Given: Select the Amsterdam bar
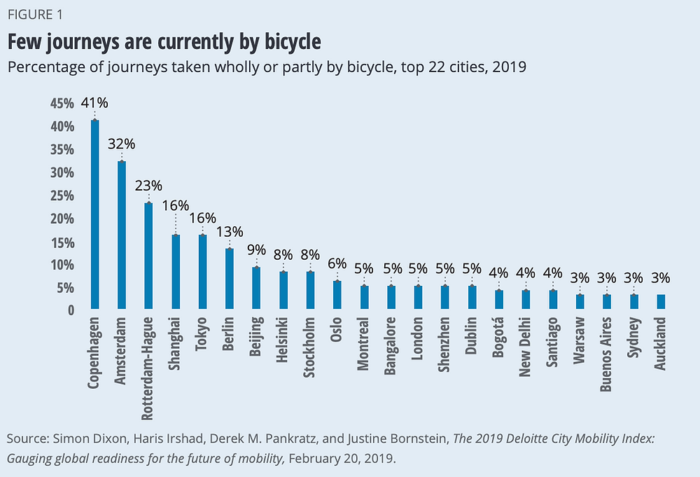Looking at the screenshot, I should (121, 235).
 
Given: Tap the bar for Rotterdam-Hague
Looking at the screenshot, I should (148, 256).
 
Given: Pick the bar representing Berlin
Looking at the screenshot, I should (229, 279).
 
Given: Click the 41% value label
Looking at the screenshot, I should (94, 103).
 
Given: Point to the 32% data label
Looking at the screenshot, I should (121, 144).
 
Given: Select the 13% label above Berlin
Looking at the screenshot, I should (229, 231).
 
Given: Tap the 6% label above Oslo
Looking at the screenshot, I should (337, 263).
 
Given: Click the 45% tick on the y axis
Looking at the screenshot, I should (62, 104).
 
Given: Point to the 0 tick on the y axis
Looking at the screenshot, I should (71, 310).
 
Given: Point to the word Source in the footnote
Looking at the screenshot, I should (25, 438).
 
